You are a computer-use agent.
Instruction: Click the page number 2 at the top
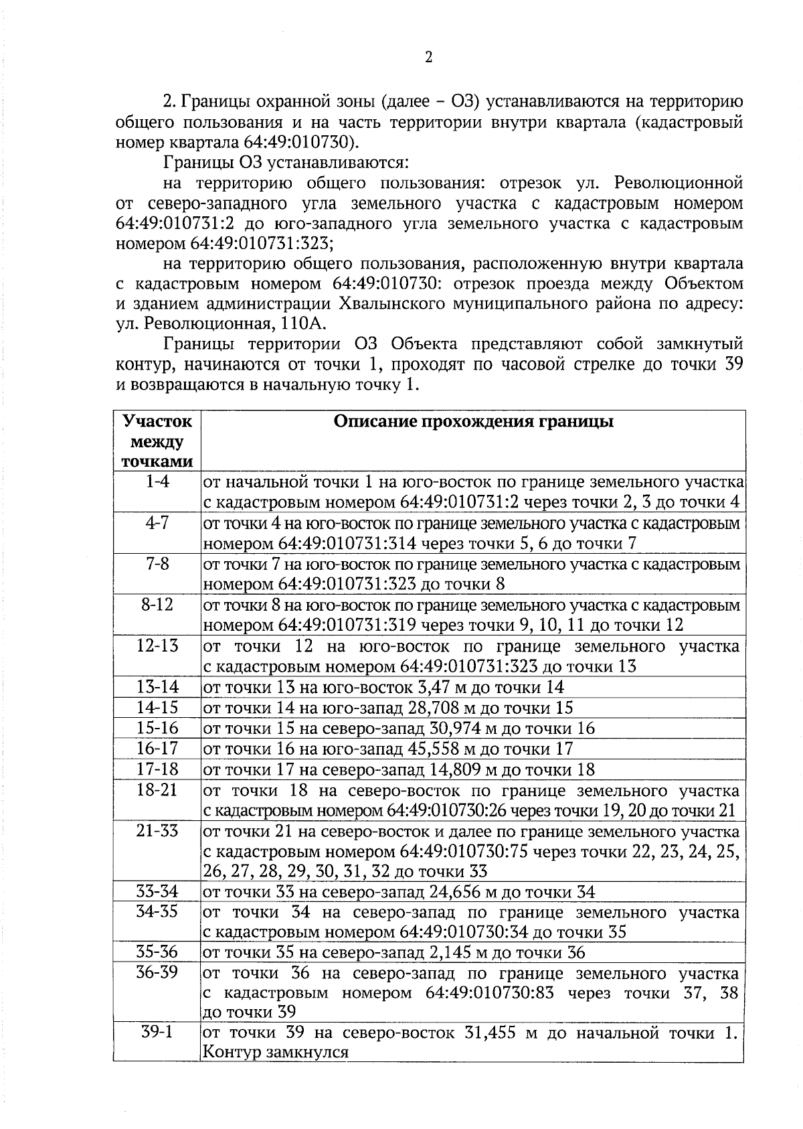coord(428,58)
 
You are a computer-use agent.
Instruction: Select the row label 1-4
coord(157,481)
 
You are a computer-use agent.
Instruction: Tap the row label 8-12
coord(157,605)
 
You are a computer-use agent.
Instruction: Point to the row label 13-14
coord(157,687)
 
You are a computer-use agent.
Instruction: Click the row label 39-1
coord(157,1032)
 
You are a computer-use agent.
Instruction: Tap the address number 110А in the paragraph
coord(305,325)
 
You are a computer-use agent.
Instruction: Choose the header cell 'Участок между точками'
coord(157,441)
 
